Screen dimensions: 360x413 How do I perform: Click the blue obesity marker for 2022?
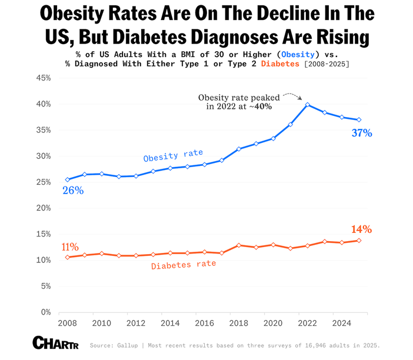point(308,105)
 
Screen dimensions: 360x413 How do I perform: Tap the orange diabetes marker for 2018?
point(239,245)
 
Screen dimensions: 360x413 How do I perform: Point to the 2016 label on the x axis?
point(204,323)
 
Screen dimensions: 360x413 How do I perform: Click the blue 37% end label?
point(362,133)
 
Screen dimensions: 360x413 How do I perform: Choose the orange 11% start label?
point(69,246)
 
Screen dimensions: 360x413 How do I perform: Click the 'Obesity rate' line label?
point(174,155)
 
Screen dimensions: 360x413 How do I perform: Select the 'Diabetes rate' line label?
point(184,265)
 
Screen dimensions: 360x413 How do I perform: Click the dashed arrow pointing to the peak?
point(292,95)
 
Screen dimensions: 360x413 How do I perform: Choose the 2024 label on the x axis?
point(341,323)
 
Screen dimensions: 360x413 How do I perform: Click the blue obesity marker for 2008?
point(68,179)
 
